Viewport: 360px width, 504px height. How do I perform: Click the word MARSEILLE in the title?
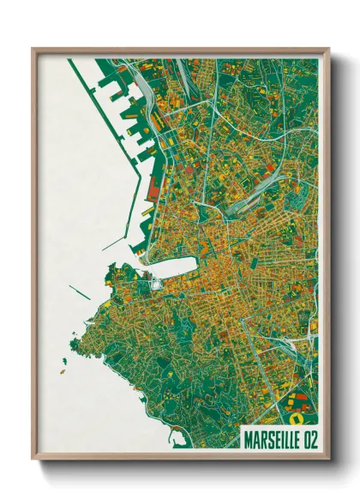pyautogui.click(x=269, y=435)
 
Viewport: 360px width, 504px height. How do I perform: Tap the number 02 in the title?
pyautogui.click(x=306, y=435)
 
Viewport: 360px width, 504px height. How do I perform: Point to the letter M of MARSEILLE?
pyautogui.click(x=249, y=435)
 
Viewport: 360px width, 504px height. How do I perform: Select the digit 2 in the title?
pyautogui.click(x=310, y=435)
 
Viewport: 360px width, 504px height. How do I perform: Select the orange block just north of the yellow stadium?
pyautogui.click(x=296, y=403)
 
